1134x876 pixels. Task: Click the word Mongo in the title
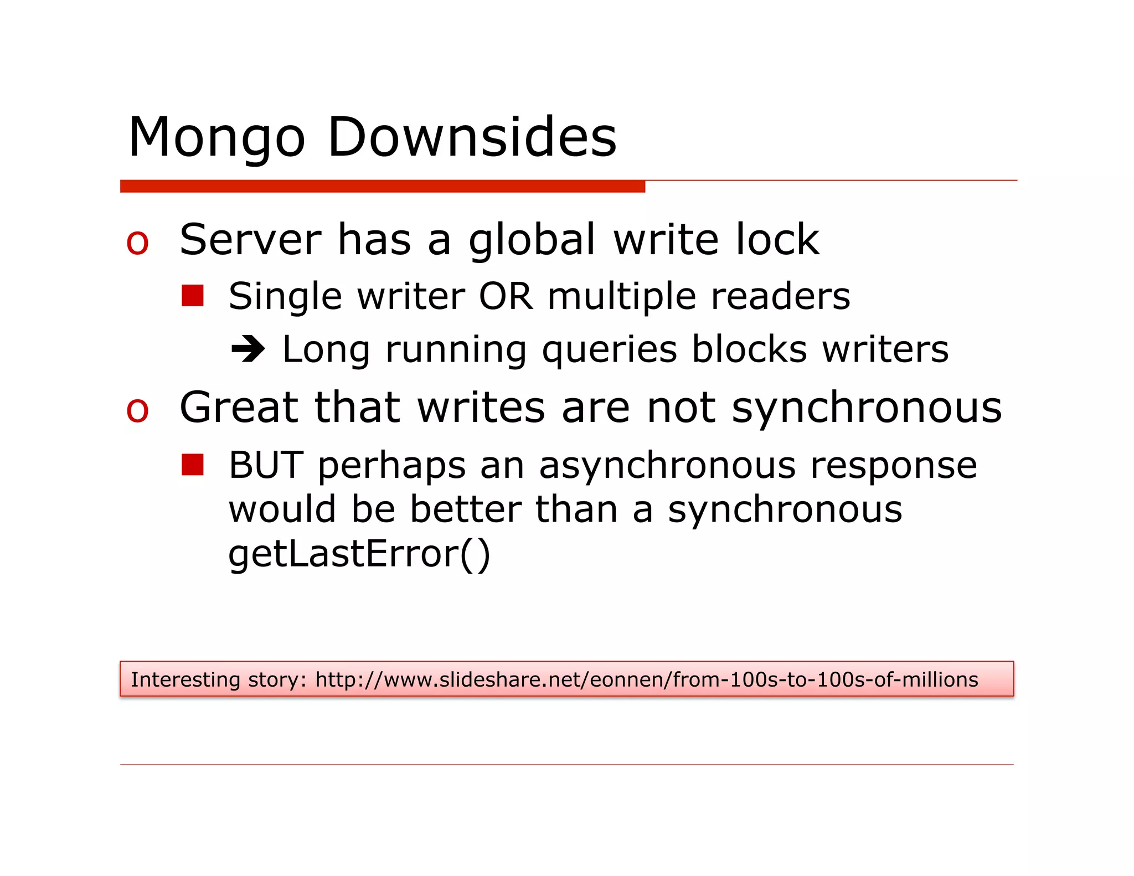click(217, 138)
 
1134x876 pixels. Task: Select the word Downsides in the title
click(472, 137)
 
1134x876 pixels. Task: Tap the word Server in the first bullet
click(250, 240)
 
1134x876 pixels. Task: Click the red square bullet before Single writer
click(193, 296)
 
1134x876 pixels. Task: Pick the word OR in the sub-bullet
click(506, 296)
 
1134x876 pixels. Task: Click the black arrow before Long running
click(248, 349)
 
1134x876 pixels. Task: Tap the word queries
click(609, 351)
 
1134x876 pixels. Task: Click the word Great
click(239, 408)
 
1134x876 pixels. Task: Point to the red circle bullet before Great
click(137, 410)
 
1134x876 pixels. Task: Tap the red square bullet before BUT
click(193, 465)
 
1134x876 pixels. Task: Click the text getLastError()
click(359, 554)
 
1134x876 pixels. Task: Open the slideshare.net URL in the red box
click(646, 679)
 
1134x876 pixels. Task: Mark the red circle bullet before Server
click(137, 243)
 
